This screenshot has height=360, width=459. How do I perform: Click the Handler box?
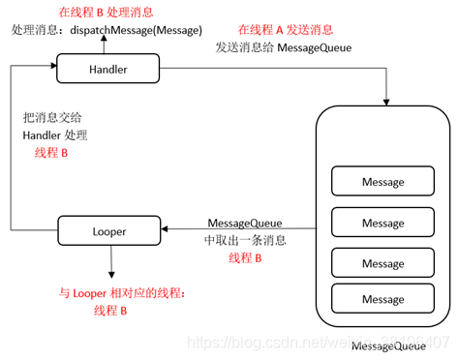(107, 70)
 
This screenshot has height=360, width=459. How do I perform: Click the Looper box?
(107, 231)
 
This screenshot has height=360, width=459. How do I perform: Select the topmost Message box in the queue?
(382, 181)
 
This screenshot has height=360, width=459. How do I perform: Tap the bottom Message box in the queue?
(382, 300)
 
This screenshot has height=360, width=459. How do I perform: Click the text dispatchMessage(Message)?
(137, 30)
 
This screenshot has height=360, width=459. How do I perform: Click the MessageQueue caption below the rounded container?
(388, 346)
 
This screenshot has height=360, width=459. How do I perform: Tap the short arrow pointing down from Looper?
(111, 261)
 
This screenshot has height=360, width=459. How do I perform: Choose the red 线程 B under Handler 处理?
(52, 153)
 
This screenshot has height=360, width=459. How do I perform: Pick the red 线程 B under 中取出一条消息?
(245, 257)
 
